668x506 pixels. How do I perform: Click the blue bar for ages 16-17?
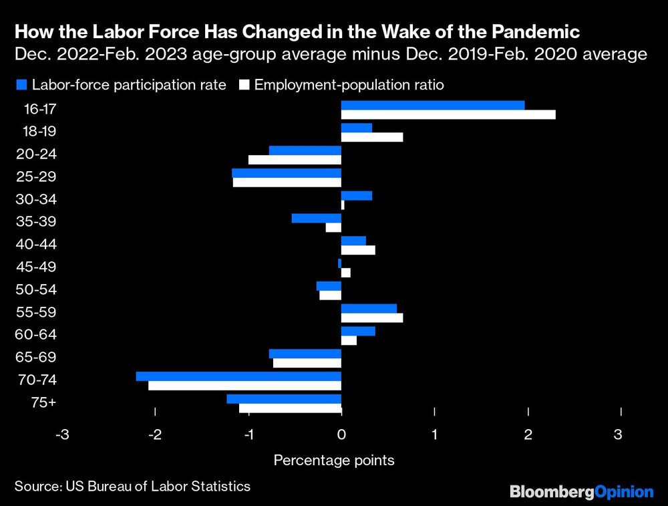432,105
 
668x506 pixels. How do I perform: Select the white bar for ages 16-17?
448,114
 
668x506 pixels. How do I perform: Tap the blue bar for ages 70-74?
238,376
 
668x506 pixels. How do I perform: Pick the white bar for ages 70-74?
244,386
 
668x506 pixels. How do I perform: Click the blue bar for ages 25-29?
287,173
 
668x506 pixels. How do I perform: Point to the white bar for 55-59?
372,318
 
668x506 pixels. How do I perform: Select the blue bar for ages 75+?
284,399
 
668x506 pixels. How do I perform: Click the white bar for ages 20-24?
295,160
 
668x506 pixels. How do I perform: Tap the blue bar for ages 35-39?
317,218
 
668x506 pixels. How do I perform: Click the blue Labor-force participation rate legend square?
20,85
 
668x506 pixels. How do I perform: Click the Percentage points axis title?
334,461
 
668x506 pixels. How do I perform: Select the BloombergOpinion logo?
582,492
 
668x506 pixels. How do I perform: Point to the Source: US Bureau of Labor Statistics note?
132,486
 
